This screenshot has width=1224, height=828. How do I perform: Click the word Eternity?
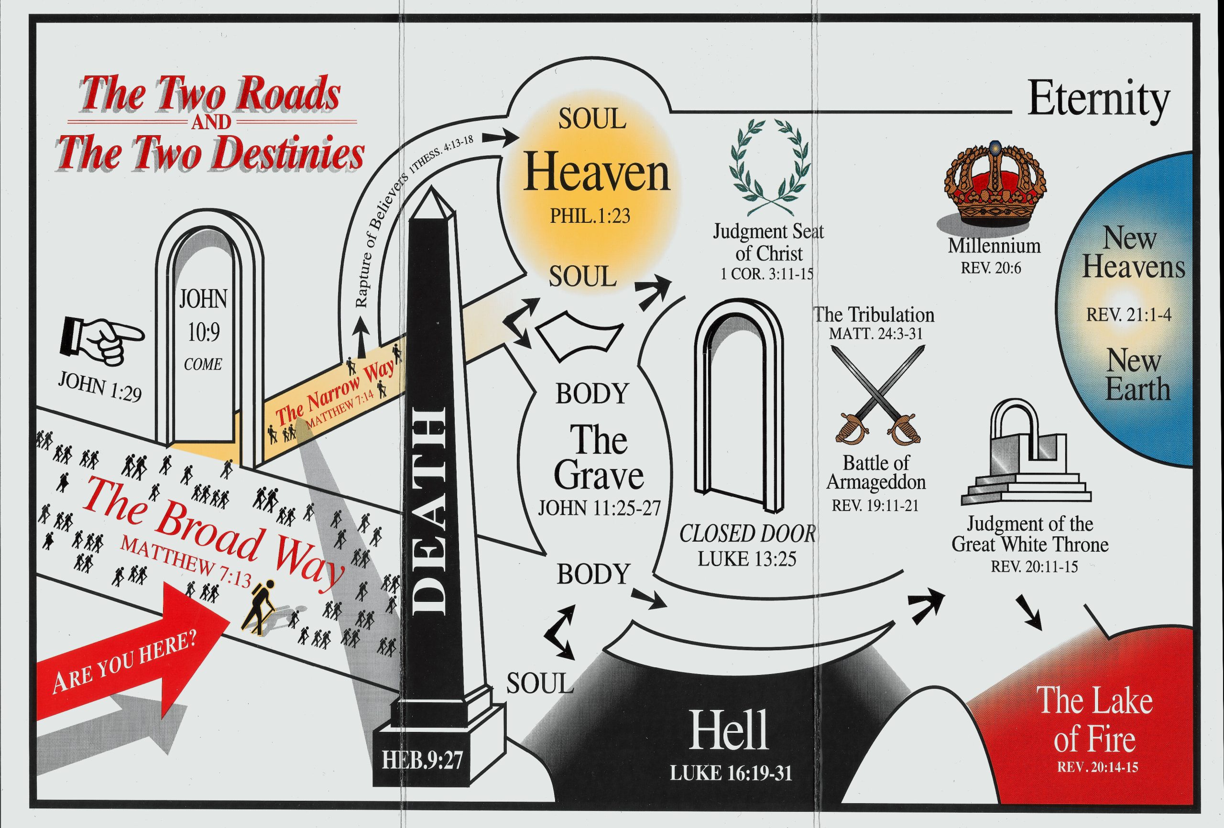1099,100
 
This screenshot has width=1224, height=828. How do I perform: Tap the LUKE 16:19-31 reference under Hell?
731,773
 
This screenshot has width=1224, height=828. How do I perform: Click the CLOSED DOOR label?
747,534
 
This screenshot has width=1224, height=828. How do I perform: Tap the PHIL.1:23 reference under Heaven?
590,216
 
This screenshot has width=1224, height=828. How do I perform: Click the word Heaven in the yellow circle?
596,173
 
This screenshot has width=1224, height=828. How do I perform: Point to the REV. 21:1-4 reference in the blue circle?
1129,315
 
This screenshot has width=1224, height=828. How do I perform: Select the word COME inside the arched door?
203,364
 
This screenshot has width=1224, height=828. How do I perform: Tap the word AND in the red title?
211,122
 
